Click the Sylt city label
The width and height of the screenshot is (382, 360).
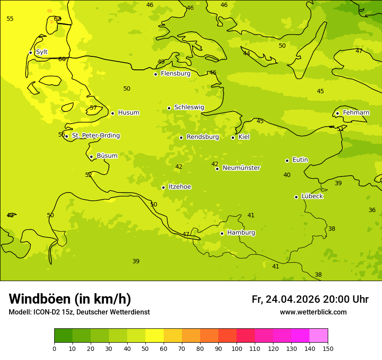click(x=42, y=52)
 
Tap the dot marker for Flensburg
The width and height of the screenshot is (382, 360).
click(x=155, y=74)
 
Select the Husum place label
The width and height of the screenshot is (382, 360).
click(x=128, y=113)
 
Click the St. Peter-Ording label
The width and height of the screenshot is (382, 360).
click(x=96, y=136)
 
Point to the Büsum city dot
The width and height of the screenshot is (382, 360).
click(x=91, y=157)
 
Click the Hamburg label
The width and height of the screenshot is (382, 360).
click(x=241, y=233)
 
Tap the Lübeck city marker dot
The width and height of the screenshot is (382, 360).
click(x=296, y=197)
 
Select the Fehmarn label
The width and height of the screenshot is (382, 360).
click(x=356, y=113)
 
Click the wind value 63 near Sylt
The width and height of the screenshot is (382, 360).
click(x=57, y=19)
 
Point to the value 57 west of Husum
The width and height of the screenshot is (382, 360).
click(x=93, y=108)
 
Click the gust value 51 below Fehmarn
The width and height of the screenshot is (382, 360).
click(x=340, y=129)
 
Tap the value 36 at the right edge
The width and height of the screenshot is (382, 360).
click(x=372, y=210)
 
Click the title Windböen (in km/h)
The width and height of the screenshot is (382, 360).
click(x=70, y=299)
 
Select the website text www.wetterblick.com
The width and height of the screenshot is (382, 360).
click(x=313, y=312)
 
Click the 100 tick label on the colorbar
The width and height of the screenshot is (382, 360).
click(x=236, y=348)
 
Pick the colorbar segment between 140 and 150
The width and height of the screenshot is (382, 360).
click(x=318, y=335)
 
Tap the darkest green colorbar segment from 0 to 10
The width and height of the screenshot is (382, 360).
click(x=63, y=335)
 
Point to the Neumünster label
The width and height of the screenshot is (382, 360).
click(x=241, y=168)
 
